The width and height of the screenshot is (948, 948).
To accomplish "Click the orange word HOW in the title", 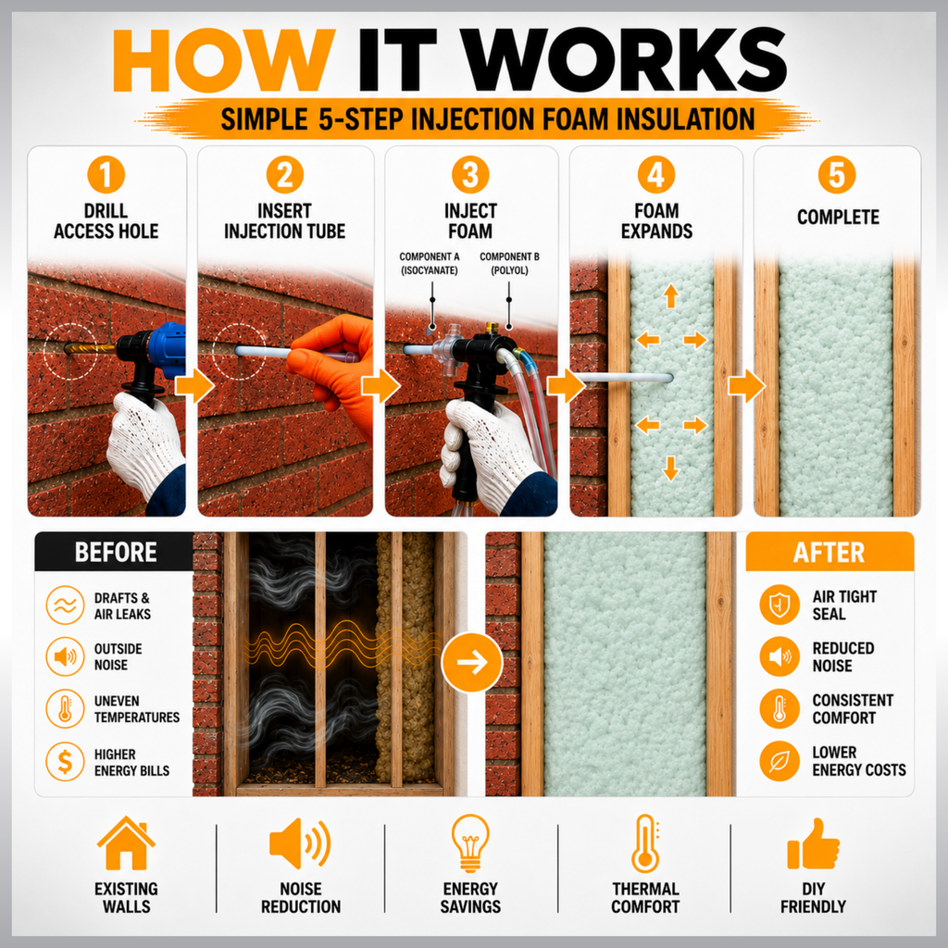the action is point(224,60).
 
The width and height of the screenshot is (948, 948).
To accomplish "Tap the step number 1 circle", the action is point(106,175).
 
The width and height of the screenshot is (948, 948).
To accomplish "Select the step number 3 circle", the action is point(470,175).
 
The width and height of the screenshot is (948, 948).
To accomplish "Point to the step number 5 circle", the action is point(837,175).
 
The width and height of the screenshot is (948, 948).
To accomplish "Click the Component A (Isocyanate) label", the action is point(430,264).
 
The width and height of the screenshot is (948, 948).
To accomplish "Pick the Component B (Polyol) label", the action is point(509,264).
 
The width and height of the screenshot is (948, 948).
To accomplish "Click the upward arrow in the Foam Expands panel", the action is point(670,296).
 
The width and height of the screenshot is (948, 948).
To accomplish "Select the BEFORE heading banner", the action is point(115,552).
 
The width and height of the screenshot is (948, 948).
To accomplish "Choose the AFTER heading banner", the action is point(829,552).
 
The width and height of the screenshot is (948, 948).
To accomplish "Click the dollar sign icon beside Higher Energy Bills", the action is point(66,762).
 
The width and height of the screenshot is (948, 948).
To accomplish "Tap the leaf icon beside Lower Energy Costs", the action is point(780,761).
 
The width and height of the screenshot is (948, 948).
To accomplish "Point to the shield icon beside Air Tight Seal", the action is point(780,604).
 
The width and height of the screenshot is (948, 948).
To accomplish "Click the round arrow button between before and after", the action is point(472,662).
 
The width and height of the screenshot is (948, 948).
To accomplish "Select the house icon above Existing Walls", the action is point(126,843).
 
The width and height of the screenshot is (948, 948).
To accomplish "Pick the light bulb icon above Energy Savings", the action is point(470,842).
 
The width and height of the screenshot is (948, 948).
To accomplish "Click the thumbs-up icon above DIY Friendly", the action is point(813,844).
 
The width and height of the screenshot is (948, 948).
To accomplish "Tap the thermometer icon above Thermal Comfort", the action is point(645,842).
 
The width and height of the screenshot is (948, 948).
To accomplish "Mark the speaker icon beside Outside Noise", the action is point(66,656).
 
